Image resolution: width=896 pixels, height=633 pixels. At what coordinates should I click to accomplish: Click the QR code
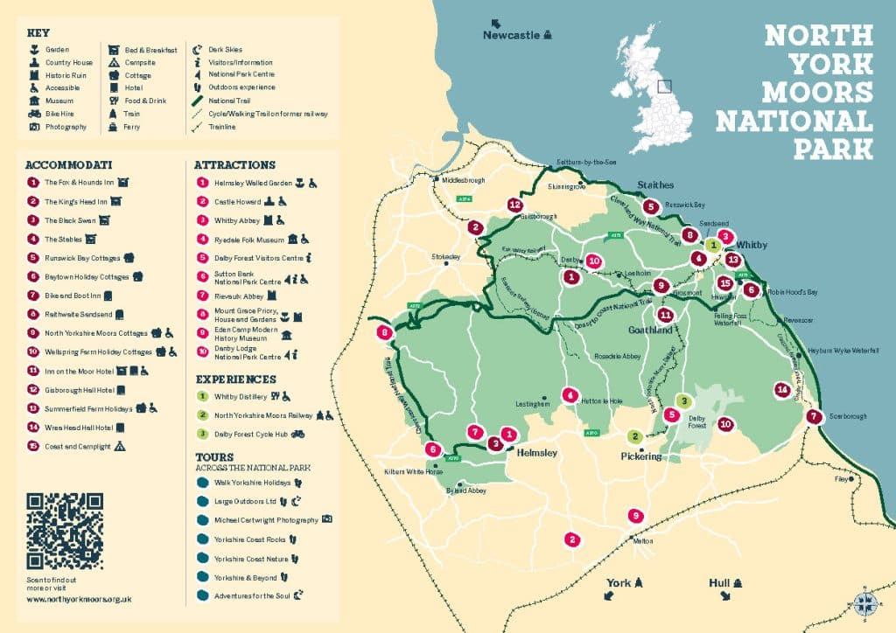pos(65,531)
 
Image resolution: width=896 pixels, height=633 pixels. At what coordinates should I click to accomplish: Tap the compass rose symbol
pos(865,602)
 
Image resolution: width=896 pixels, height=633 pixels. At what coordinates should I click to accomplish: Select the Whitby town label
pos(752,245)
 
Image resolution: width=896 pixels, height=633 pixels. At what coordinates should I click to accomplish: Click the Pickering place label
pos(641,456)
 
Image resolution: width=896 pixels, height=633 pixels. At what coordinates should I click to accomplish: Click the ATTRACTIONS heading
pos(234,164)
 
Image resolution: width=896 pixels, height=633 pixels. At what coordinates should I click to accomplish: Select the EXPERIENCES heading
pos(235,379)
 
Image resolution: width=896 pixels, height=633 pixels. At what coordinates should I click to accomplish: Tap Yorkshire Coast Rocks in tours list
pos(244,539)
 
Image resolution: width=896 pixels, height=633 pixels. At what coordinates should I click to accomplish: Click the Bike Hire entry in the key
pos(58,114)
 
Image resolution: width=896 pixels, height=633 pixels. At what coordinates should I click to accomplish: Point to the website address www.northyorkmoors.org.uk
pos(79,599)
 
